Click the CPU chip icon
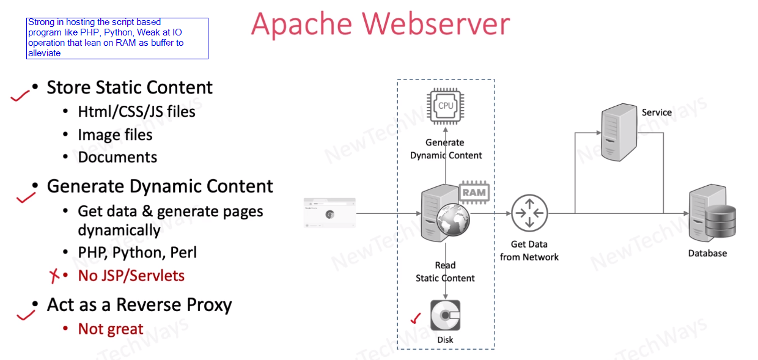(445, 105)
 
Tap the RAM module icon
(474, 192)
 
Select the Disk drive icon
(445, 315)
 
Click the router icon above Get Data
(529, 213)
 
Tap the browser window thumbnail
(329, 213)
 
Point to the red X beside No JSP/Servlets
(54, 276)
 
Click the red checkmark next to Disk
(416, 318)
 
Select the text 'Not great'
(111, 329)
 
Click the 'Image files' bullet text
(115, 134)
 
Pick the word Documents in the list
(117, 157)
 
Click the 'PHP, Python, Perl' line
(137, 252)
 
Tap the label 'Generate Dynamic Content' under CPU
(446, 149)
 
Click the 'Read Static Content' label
(445, 272)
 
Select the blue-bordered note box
(117, 38)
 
